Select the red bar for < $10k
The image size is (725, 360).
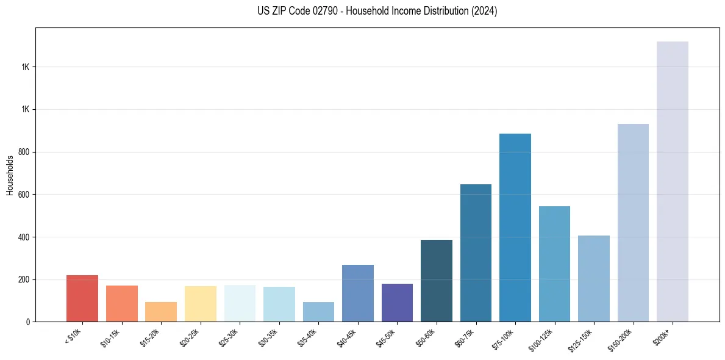click(x=82, y=298)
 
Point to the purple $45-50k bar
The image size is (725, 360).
click(x=397, y=303)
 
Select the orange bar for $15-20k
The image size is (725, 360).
click(x=161, y=312)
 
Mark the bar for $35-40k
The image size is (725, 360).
click(x=318, y=312)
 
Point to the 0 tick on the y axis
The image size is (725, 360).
click(x=27, y=322)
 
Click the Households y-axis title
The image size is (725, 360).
click(x=10, y=175)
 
